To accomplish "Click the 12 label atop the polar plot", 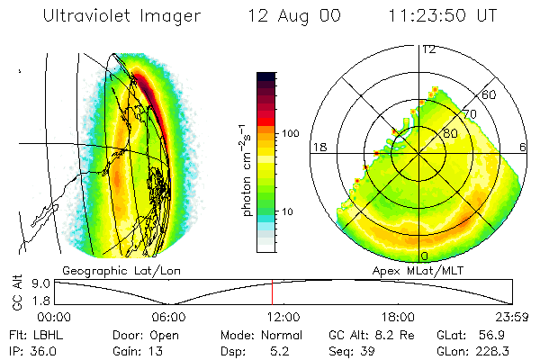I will point(429,49).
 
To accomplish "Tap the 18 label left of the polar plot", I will point(319,147).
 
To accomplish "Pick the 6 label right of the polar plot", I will point(525,147).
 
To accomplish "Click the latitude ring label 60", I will point(490,94).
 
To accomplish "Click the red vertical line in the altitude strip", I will point(272,292).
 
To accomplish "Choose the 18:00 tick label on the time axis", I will point(398,316).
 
